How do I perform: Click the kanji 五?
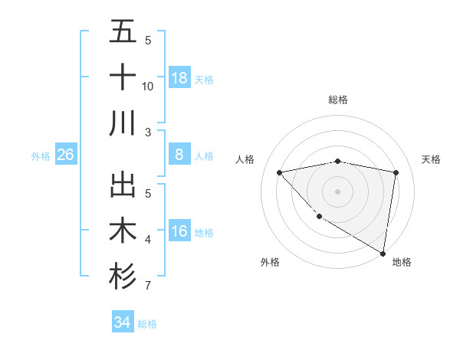(123, 31)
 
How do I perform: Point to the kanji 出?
(123, 185)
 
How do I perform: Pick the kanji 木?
(123, 231)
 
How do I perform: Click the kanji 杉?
(123, 277)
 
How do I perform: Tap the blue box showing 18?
(179, 78)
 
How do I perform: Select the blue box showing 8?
(179, 155)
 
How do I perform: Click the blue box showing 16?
(179, 231)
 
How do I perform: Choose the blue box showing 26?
(65, 155)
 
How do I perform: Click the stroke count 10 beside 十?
(148, 87)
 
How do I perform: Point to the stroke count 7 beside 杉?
(148, 286)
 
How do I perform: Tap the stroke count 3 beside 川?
(148, 133)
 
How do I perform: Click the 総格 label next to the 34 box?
(147, 324)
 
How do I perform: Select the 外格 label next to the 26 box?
(41, 156)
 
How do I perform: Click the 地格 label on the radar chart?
(402, 262)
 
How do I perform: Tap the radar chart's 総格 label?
(337, 100)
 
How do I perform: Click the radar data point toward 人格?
(279, 172)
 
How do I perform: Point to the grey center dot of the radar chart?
(337, 191)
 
